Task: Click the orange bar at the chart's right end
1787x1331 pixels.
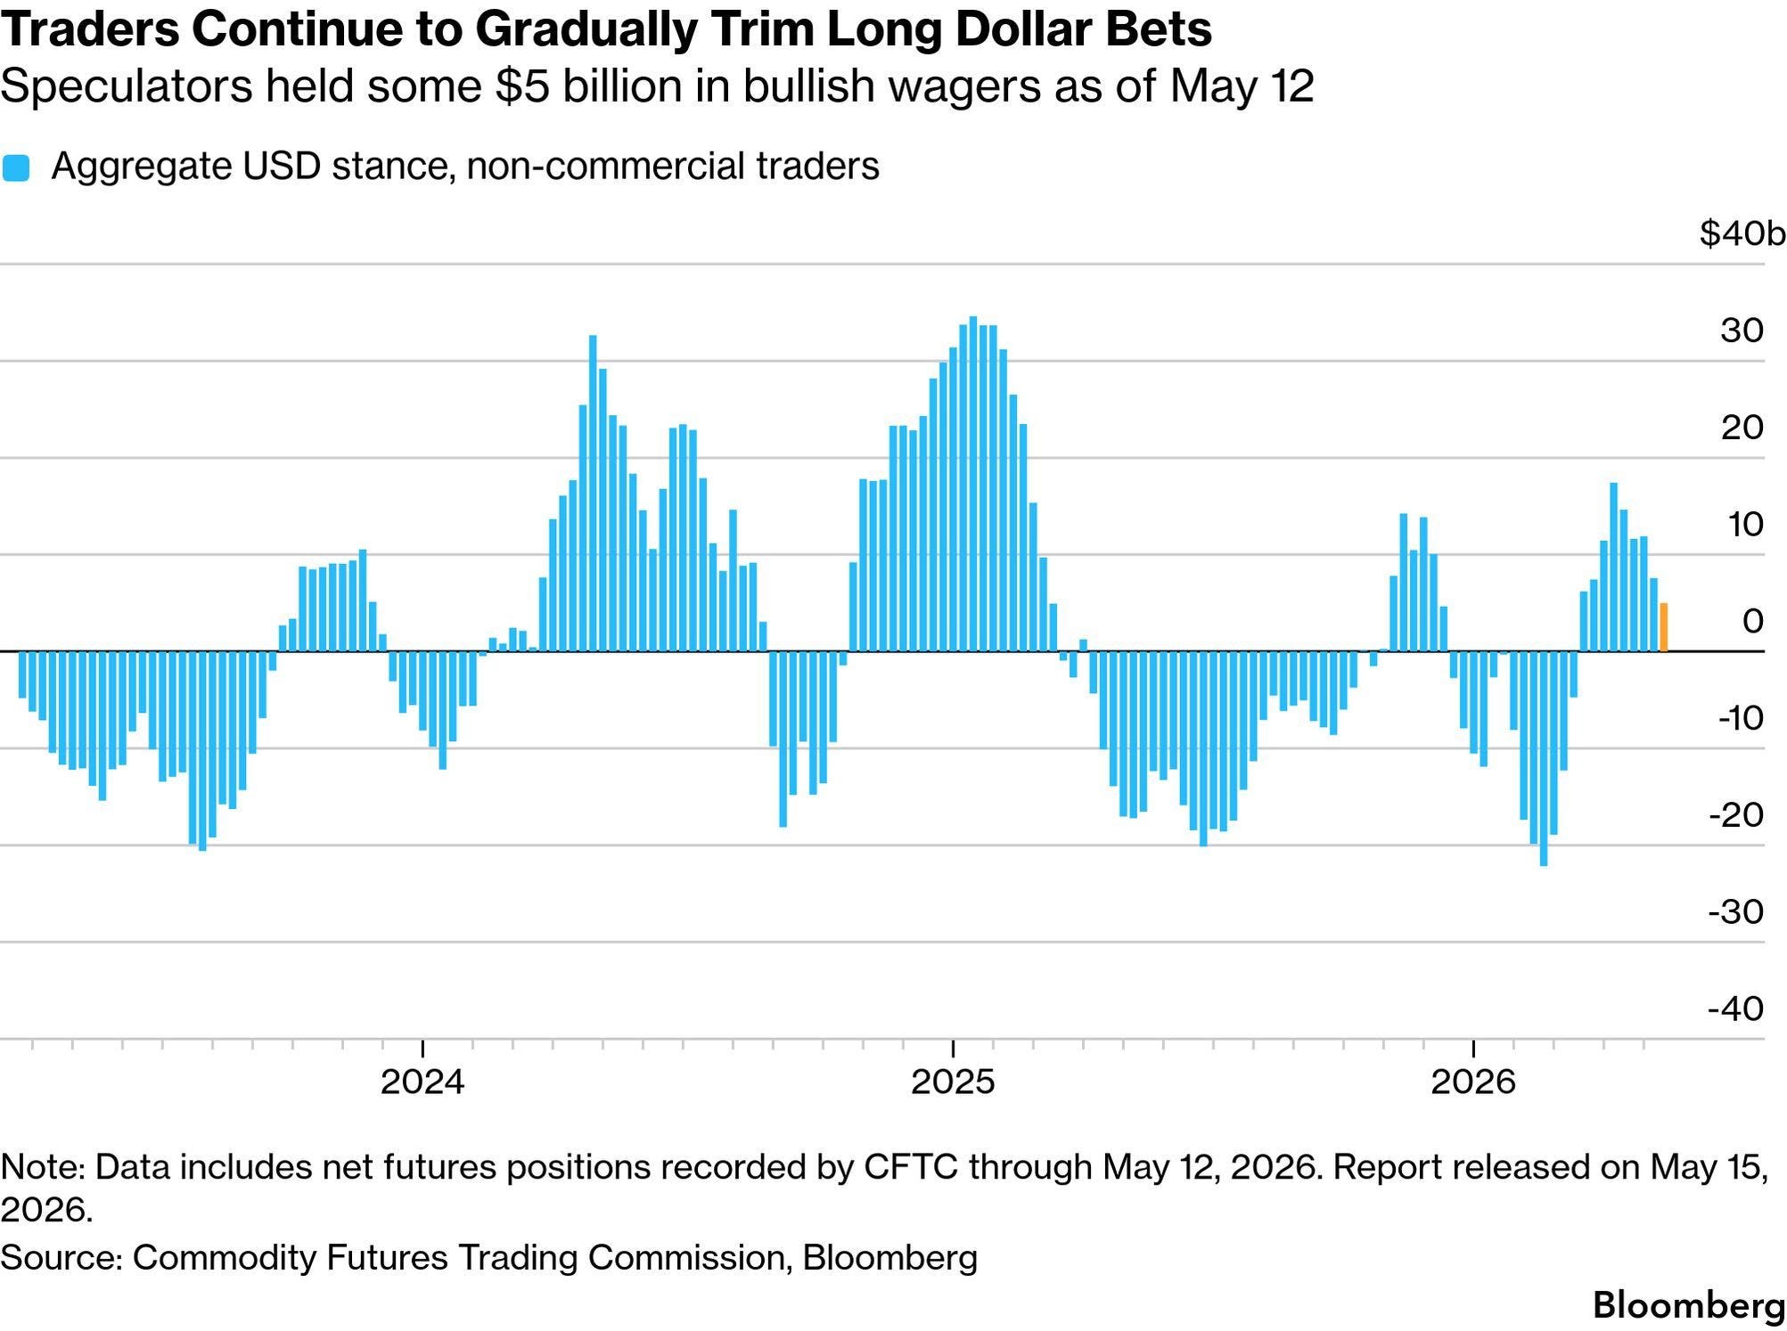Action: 1663,627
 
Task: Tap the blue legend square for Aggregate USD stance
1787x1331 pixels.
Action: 16,167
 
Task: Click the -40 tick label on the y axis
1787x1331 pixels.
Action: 1735,1008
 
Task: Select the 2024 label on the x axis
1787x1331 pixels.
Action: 422,1082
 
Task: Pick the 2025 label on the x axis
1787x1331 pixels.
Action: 953,1082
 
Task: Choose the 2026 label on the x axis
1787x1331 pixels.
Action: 1473,1082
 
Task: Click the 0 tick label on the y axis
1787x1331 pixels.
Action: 1752,621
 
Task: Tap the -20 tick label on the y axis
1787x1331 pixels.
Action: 1735,814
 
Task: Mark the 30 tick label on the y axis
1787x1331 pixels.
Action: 1742,331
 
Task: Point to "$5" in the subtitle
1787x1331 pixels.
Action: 520,86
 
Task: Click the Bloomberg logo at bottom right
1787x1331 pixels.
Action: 1689,1305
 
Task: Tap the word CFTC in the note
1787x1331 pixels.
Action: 914,1166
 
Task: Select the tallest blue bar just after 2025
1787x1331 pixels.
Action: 973,484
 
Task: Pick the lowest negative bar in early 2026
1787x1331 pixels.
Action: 1544,758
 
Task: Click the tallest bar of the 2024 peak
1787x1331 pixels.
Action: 593,493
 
